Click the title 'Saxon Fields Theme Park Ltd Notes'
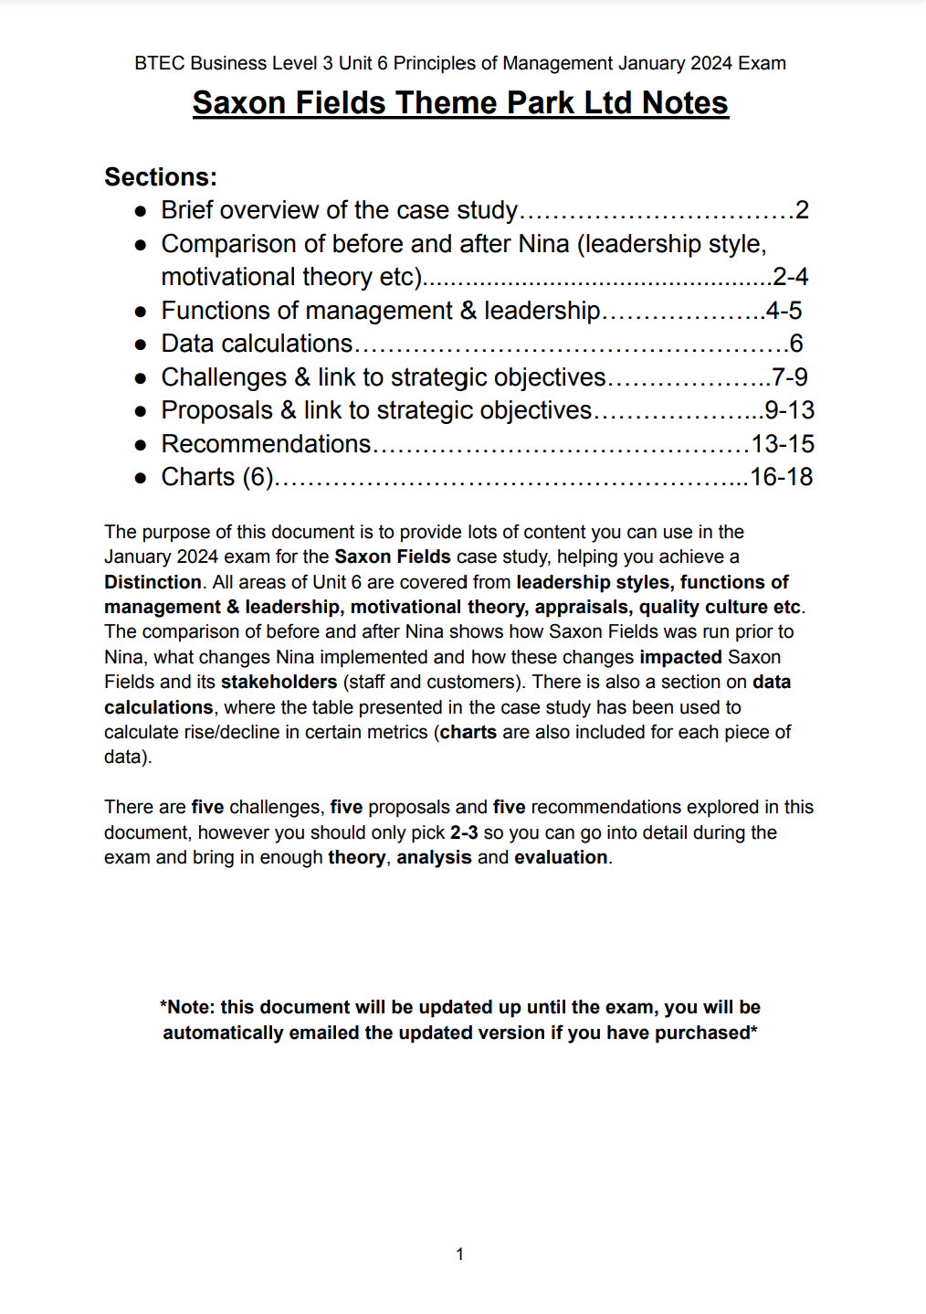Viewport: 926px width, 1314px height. (x=460, y=102)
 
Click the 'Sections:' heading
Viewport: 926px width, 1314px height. (x=161, y=176)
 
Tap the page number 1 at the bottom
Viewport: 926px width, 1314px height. (x=460, y=1254)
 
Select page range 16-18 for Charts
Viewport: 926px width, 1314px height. (x=781, y=477)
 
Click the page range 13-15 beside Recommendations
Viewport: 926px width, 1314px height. (x=783, y=444)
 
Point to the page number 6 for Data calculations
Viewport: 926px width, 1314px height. (x=796, y=344)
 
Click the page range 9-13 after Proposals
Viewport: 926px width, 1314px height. (x=790, y=410)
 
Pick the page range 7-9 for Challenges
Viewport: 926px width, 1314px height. (x=790, y=377)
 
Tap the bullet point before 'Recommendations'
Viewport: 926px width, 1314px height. (x=141, y=445)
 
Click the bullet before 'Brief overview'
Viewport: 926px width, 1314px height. (x=141, y=211)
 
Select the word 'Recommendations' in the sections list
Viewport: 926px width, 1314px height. (x=266, y=444)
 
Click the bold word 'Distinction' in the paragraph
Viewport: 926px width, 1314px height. (x=153, y=582)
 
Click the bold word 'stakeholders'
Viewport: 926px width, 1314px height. (x=279, y=682)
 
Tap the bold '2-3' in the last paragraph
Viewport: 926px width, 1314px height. (x=464, y=832)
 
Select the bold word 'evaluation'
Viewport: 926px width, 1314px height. (x=561, y=857)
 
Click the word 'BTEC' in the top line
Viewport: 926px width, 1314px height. (x=160, y=63)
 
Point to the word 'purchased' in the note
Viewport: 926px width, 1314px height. (x=708, y=1033)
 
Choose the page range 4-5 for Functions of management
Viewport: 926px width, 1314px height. (x=784, y=311)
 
